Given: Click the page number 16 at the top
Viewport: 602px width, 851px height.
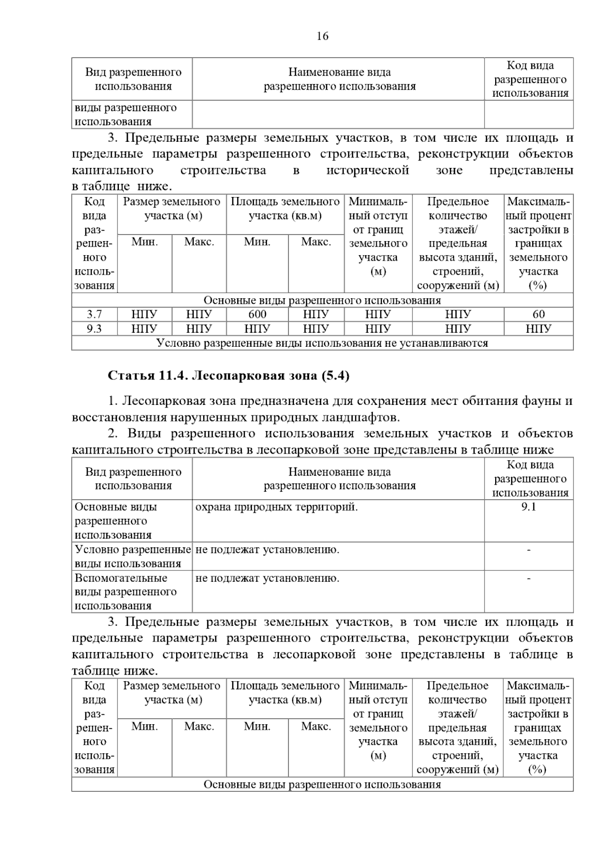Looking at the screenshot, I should [x=323, y=36].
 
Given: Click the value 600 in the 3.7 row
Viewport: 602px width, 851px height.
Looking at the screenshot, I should [x=257, y=314].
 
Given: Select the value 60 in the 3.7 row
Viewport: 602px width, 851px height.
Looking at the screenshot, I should [x=538, y=314].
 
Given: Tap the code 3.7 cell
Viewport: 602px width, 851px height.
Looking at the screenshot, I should [x=94, y=314].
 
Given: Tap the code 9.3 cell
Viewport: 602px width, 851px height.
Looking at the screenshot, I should [x=94, y=328].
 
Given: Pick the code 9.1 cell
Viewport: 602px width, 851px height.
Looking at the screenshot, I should [x=529, y=507].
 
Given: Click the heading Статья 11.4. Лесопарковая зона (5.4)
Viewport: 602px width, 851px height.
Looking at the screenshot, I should [x=228, y=376].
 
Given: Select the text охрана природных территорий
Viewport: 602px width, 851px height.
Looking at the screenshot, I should [x=276, y=507].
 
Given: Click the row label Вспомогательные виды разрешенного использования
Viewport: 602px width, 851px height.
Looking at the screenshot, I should [x=126, y=591].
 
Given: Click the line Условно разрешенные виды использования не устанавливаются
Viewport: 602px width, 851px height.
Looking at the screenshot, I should [x=322, y=343].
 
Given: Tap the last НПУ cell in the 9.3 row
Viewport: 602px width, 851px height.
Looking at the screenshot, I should [x=538, y=328].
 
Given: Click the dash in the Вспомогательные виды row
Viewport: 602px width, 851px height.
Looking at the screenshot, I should [x=529, y=578].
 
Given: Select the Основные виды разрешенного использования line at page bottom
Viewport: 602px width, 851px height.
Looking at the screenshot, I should [x=322, y=784].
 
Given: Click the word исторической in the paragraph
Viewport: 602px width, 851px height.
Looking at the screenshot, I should [x=368, y=170].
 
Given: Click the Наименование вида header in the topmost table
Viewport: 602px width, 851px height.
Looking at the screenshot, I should [x=339, y=79].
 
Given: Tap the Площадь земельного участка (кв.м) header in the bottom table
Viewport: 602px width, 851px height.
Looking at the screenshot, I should [x=285, y=693].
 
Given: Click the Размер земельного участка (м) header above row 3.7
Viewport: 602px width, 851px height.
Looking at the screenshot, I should [x=172, y=208].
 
